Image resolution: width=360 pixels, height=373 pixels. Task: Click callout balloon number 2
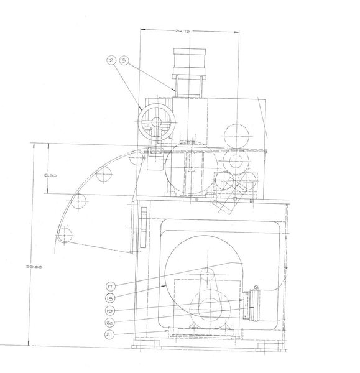(112, 60)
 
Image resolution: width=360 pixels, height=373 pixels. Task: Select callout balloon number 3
(124, 60)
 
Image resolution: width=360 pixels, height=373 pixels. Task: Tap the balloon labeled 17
(109, 287)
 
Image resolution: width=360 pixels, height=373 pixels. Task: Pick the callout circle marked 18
(109, 298)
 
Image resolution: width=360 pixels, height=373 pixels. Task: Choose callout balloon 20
(109, 323)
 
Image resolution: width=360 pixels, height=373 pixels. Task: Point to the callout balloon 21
(109, 334)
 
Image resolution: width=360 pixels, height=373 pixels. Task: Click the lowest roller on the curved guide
(67, 234)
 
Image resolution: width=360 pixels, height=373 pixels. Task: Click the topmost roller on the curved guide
(136, 160)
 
